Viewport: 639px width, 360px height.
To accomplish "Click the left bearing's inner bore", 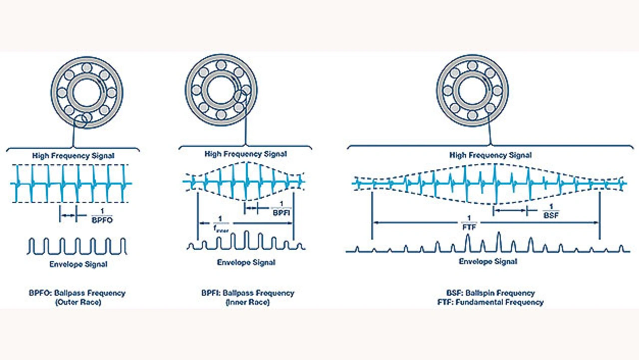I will coord(86,92).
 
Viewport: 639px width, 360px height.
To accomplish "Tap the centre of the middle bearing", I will coord(221,90).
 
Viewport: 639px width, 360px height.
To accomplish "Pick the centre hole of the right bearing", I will coord(472,90).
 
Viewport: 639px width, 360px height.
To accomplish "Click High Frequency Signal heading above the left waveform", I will coord(73,156).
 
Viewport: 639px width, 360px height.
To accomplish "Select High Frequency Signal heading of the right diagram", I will coord(490,155).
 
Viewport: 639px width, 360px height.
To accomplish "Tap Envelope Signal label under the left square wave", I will coord(78,264).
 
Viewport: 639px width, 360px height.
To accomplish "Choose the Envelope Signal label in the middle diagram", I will coord(246,262).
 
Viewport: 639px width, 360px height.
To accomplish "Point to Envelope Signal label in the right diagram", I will coord(488,261).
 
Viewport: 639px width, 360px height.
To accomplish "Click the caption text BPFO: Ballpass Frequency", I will coord(77,293).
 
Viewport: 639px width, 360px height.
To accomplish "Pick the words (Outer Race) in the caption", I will coord(78,303).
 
